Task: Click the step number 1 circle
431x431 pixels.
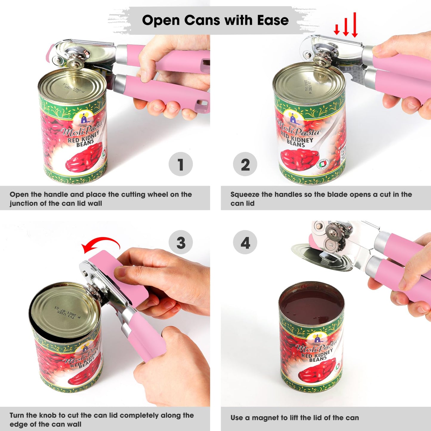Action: tap(180, 164)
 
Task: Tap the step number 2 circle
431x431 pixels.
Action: tap(245, 164)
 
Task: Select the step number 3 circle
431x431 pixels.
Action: tap(180, 242)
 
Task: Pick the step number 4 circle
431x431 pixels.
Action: tap(245, 242)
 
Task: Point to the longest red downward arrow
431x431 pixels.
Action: tap(355, 25)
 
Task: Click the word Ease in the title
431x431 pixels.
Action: tap(273, 20)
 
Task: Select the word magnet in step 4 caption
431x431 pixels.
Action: tap(265, 418)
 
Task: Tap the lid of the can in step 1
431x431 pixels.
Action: tap(72, 86)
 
